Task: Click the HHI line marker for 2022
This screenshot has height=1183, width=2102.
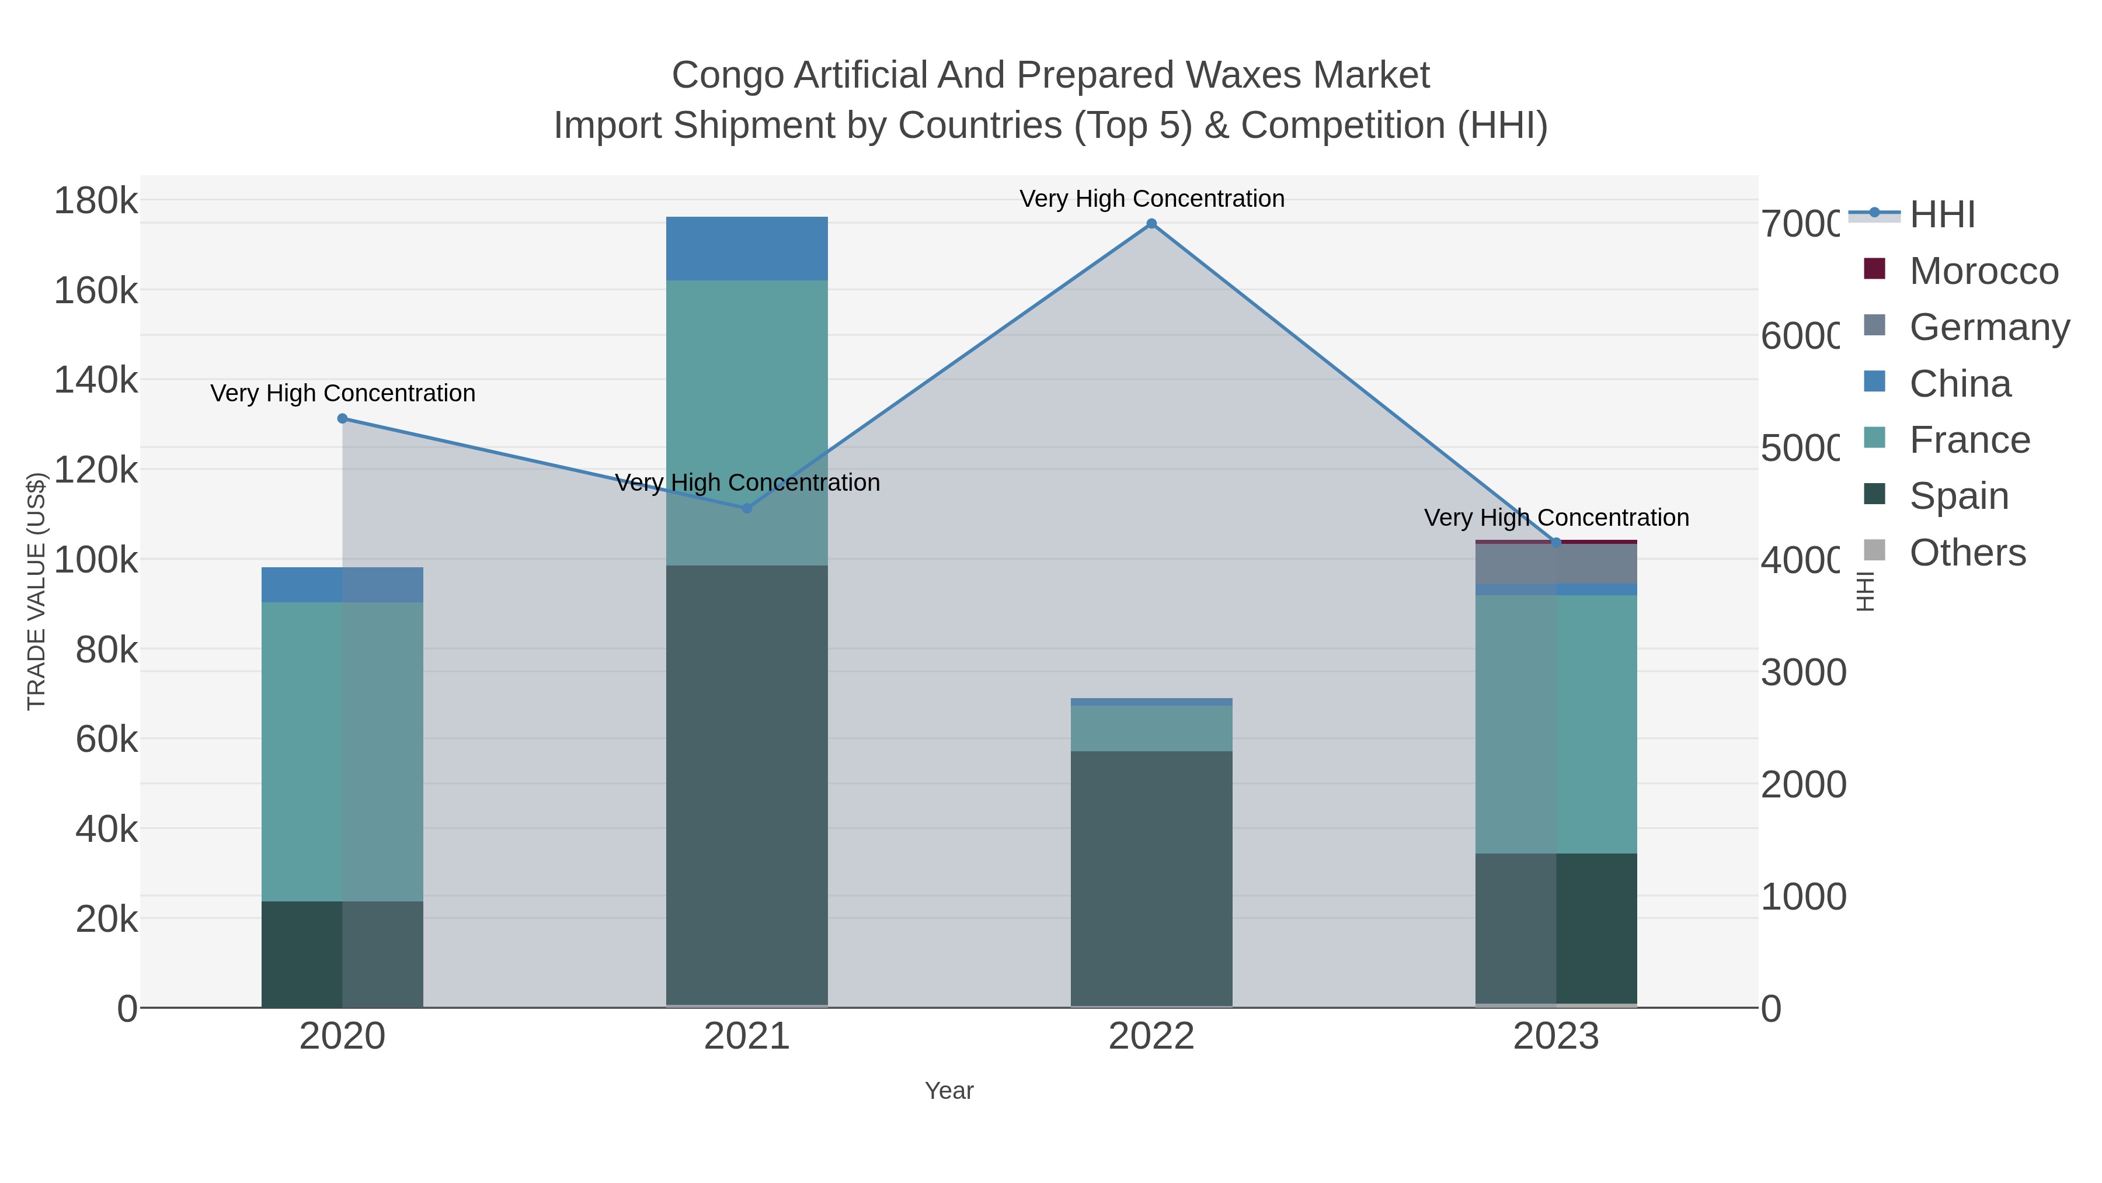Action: (1151, 224)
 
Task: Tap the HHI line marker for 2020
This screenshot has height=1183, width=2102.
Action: (343, 419)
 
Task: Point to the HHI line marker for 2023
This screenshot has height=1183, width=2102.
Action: (1556, 542)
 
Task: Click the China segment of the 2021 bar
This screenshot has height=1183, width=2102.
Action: (747, 249)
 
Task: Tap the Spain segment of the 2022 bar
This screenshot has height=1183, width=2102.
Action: (1151, 877)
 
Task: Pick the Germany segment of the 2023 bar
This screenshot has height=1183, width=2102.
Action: (1556, 563)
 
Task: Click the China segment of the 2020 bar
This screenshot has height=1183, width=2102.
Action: (343, 585)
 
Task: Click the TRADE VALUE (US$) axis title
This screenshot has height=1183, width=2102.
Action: (37, 591)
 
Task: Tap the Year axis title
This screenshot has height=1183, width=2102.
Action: (949, 1091)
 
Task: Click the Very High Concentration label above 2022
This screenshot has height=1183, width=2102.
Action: (1151, 199)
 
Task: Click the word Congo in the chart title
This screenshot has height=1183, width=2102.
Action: (729, 75)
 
